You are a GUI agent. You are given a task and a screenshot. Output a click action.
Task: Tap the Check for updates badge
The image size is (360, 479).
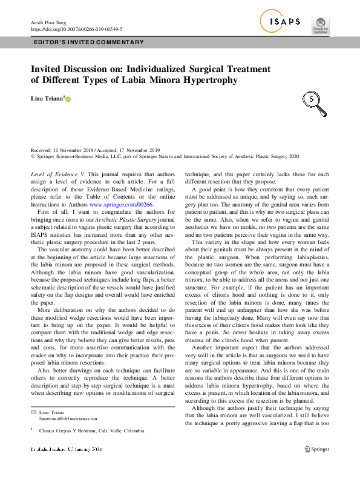pos(320,24)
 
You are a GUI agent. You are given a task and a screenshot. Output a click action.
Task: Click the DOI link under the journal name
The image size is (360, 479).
pos(76,28)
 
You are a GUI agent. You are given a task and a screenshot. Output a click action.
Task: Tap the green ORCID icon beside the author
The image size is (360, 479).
pos(68,99)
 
